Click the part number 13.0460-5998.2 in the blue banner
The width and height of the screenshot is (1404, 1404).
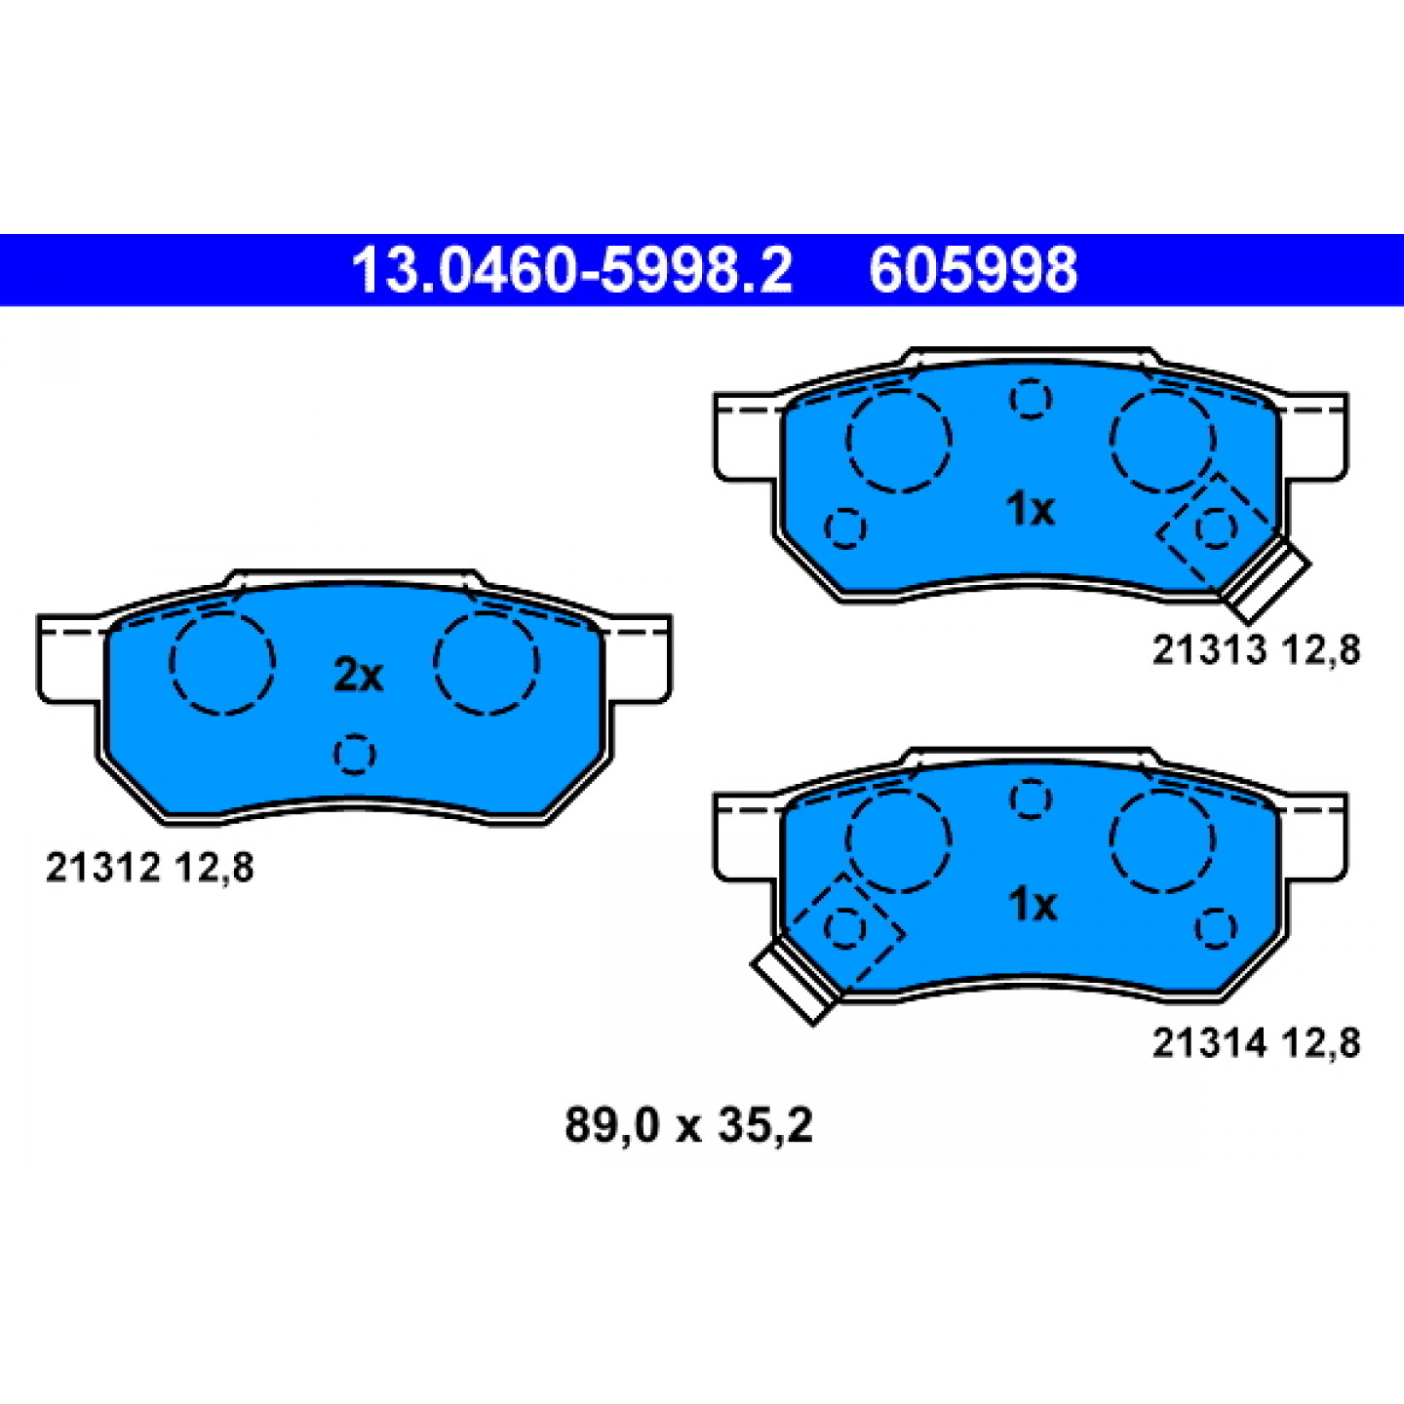(572, 270)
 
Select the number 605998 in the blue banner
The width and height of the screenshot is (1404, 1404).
(973, 270)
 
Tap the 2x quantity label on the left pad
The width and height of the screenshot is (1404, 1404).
(358, 676)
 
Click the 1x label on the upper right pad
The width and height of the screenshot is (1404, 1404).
(1031, 509)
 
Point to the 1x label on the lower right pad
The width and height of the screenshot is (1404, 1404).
(1032, 905)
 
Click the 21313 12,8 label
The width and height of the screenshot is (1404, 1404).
(1256, 650)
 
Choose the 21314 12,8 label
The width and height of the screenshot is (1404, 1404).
(1256, 1043)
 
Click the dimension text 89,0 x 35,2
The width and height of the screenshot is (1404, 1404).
(688, 1125)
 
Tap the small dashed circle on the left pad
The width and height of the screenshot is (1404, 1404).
(355, 754)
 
